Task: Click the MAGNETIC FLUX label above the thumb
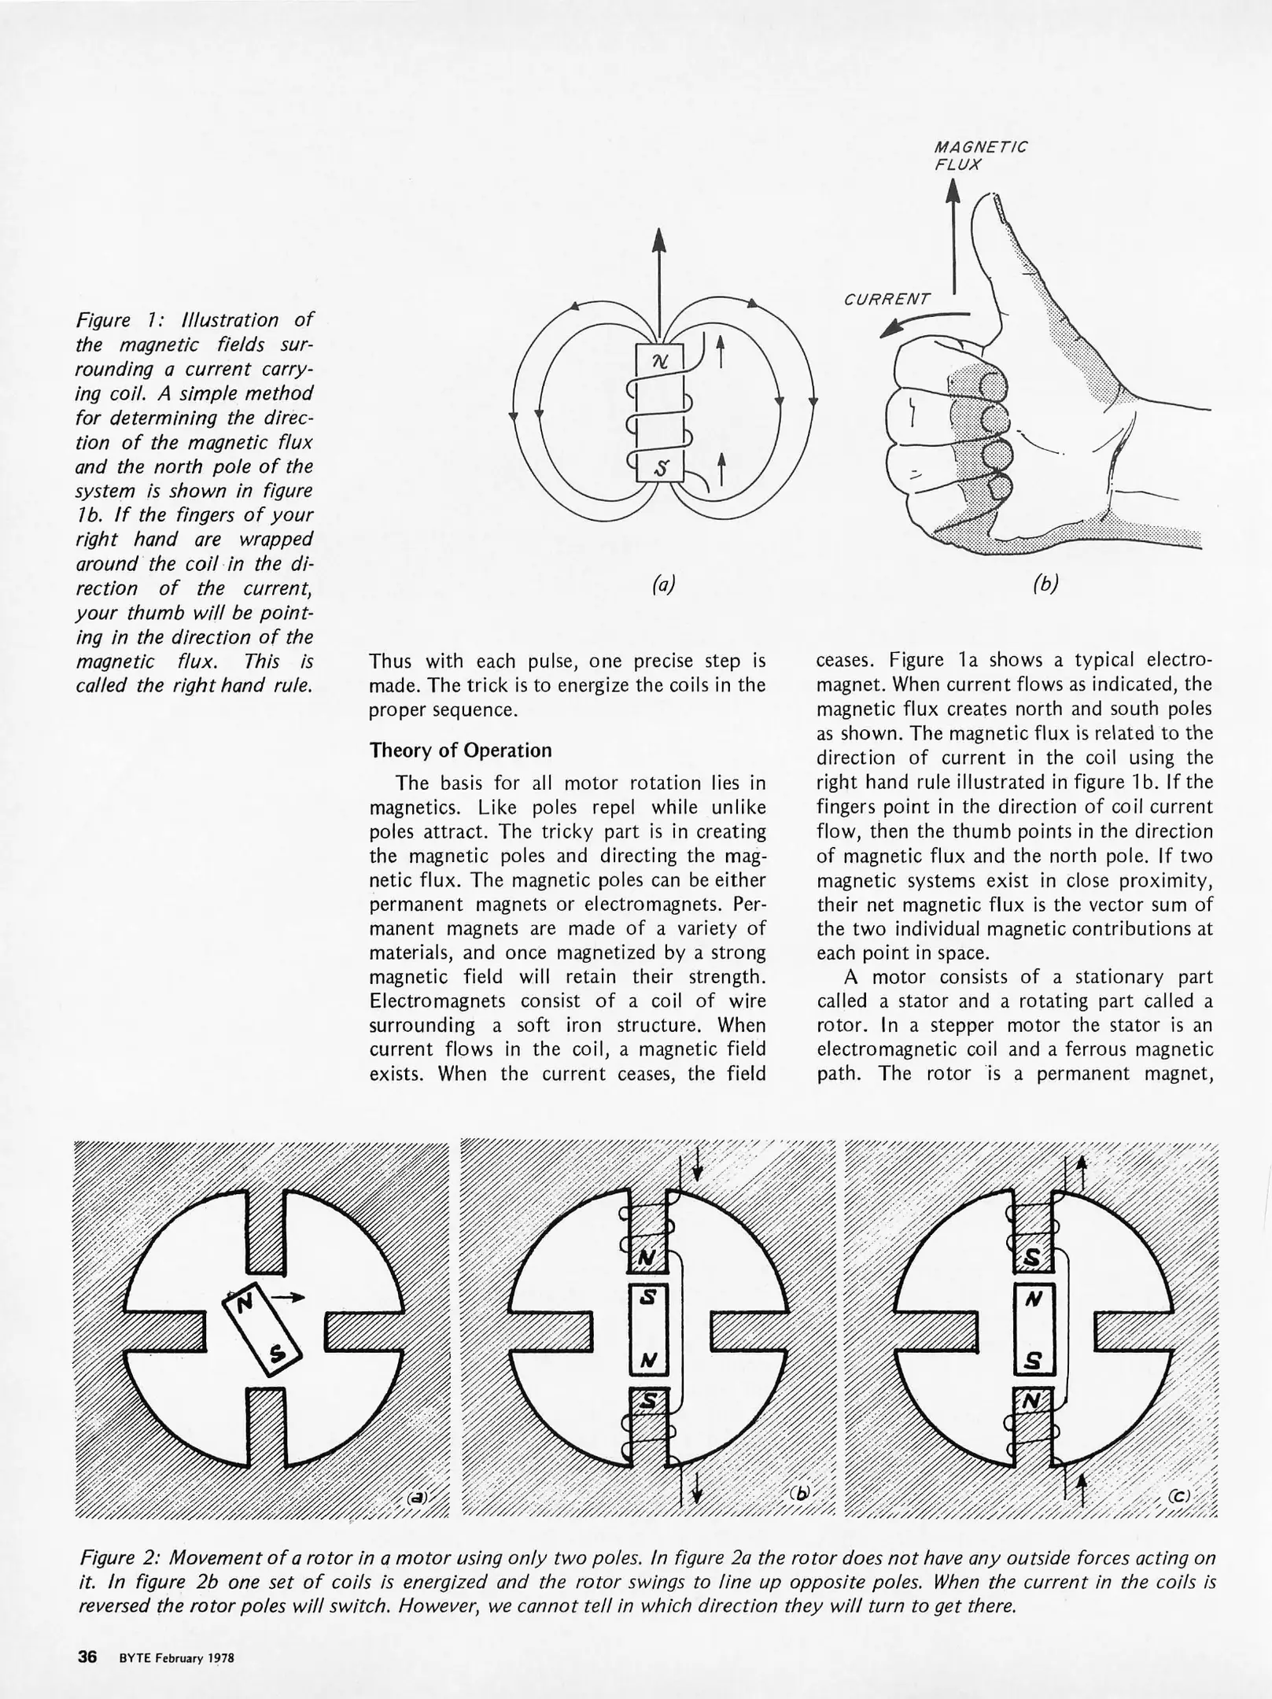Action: (979, 156)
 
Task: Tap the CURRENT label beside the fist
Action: (887, 300)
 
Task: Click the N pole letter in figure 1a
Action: (660, 361)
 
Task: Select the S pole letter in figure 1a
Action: (661, 470)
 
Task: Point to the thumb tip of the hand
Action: (993, 202)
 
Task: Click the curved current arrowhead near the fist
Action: (890, 331)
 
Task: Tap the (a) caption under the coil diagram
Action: (663, 584)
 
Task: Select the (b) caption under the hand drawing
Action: (1045, 584)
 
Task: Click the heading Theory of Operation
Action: (460, 750)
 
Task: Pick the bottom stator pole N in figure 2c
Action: (1031, 1401)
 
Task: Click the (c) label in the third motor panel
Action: (1178, 1496)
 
